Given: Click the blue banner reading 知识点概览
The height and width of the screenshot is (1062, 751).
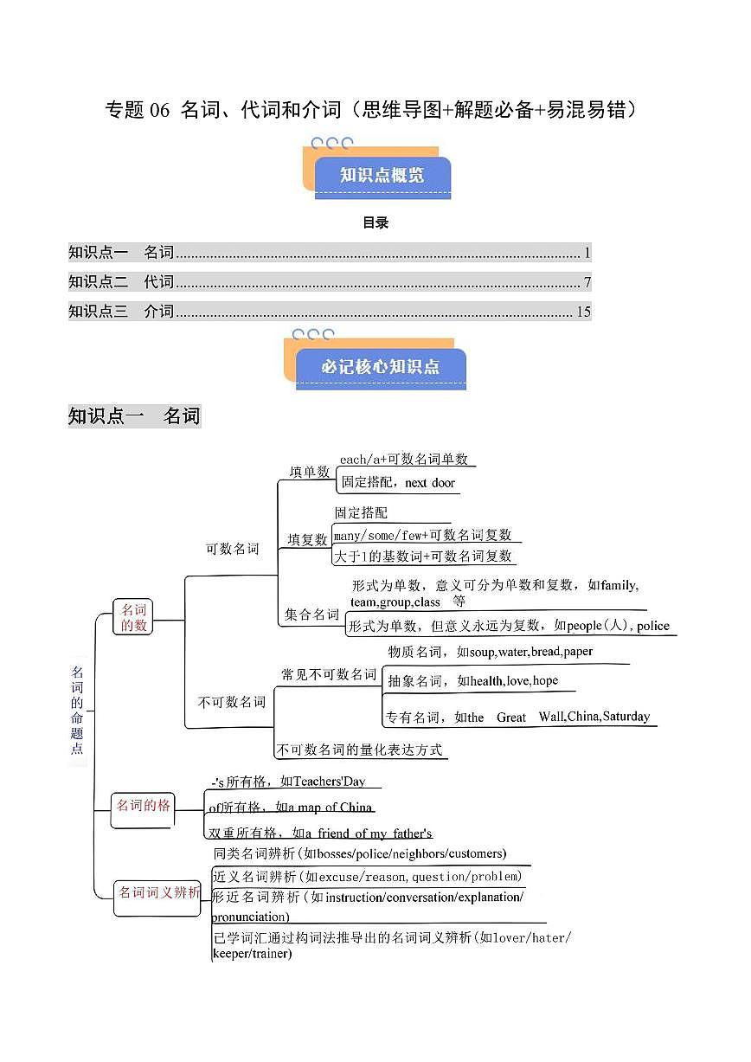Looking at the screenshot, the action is point(382,176).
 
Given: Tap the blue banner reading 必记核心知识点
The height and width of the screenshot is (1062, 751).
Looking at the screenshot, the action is point(380,367).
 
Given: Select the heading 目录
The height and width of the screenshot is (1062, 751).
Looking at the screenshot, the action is point(375,223).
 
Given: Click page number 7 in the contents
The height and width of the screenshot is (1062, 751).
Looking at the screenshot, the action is point(587,282).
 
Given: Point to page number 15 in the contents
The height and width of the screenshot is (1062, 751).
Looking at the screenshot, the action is point(583,312).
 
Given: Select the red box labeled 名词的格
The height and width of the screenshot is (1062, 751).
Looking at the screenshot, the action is point(144,806).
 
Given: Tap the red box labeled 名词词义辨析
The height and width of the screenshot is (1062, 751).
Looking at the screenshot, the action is point(159,892).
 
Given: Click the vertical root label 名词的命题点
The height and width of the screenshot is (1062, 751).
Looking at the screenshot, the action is point(78,711).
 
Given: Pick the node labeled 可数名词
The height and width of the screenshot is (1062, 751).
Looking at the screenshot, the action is point(232,549).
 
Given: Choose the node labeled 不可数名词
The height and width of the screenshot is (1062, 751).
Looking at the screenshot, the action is point(232,702).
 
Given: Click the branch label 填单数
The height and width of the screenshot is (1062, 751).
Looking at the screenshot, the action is point(309,472).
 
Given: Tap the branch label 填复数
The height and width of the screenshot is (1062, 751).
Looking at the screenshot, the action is point(308,539).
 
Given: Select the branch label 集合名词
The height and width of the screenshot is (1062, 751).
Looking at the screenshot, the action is point(312,615).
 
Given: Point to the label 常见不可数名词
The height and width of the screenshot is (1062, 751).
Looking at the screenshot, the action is point(329,674).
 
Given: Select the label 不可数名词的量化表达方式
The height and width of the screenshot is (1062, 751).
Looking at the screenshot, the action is point(359,750).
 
